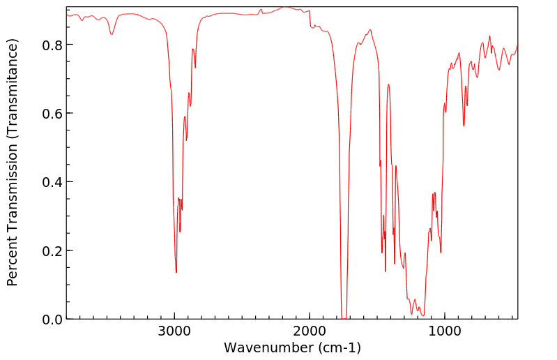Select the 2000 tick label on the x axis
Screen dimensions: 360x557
(310, 330)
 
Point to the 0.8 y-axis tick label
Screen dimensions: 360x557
(53, 45)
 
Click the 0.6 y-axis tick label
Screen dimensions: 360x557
(53, 113)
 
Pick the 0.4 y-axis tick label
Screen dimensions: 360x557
(53, 181)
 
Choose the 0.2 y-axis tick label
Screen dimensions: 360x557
(53, 250)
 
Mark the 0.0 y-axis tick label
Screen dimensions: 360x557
(53, 319)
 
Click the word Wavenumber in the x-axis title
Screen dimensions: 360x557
(268, 347)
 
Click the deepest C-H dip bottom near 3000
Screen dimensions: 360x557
(176, 272)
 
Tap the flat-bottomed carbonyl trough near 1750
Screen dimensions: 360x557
(343, 317)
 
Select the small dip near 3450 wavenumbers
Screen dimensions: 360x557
(112, 34)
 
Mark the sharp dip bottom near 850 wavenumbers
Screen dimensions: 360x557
(464, 126)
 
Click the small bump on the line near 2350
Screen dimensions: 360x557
(261, 10)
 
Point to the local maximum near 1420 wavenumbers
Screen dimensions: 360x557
(388, 84)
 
